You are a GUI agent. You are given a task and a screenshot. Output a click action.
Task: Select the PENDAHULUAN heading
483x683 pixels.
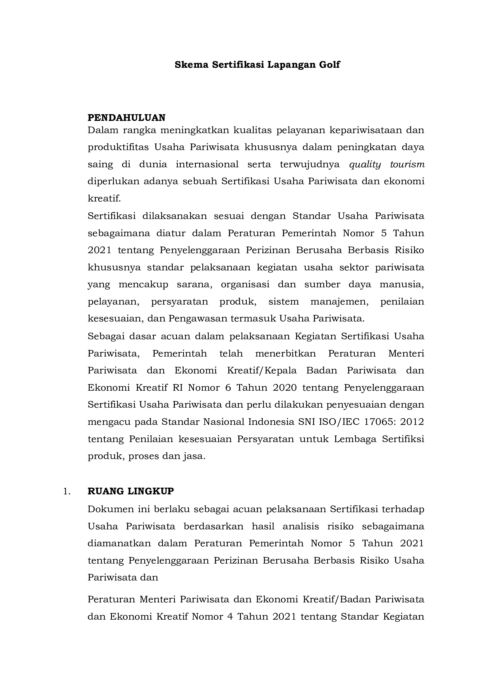pyautogui.click(x=126, y=118)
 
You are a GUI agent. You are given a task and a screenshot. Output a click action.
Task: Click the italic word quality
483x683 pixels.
pyautogui.click(x=365, y=164)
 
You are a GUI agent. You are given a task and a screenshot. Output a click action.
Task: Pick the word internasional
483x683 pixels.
pyautogui.click(x=207, y=164)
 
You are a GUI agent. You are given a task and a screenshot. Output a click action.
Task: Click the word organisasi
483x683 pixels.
pyautogui.click(x=245, y=284)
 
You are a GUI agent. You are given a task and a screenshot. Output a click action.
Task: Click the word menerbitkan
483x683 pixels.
pyautogui.click(x=285, y=353)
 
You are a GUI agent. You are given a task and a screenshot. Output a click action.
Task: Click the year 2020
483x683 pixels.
pyautogui.click(x=285, y=388)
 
